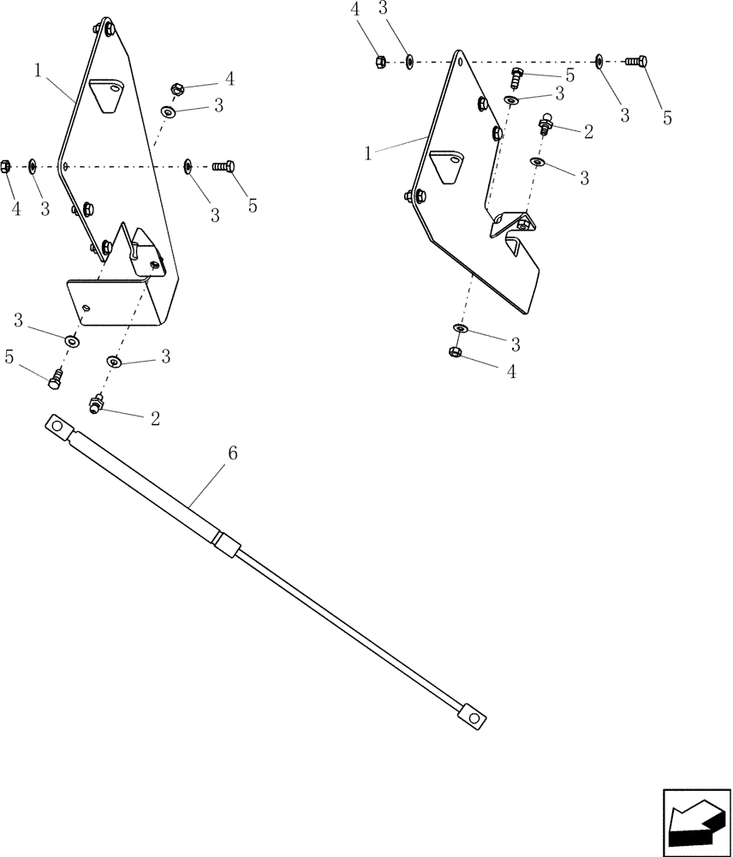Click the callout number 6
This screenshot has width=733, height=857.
click(x=231, y=453)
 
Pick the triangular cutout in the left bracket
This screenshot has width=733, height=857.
click(x=104, y=95)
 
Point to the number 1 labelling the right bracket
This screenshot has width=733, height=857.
click(x=367, y=153)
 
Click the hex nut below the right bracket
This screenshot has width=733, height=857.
click(x=455, y=351)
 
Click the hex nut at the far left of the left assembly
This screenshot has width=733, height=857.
click(x=6, y=165)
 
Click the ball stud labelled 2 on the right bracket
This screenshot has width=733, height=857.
click(x=545, y=125)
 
